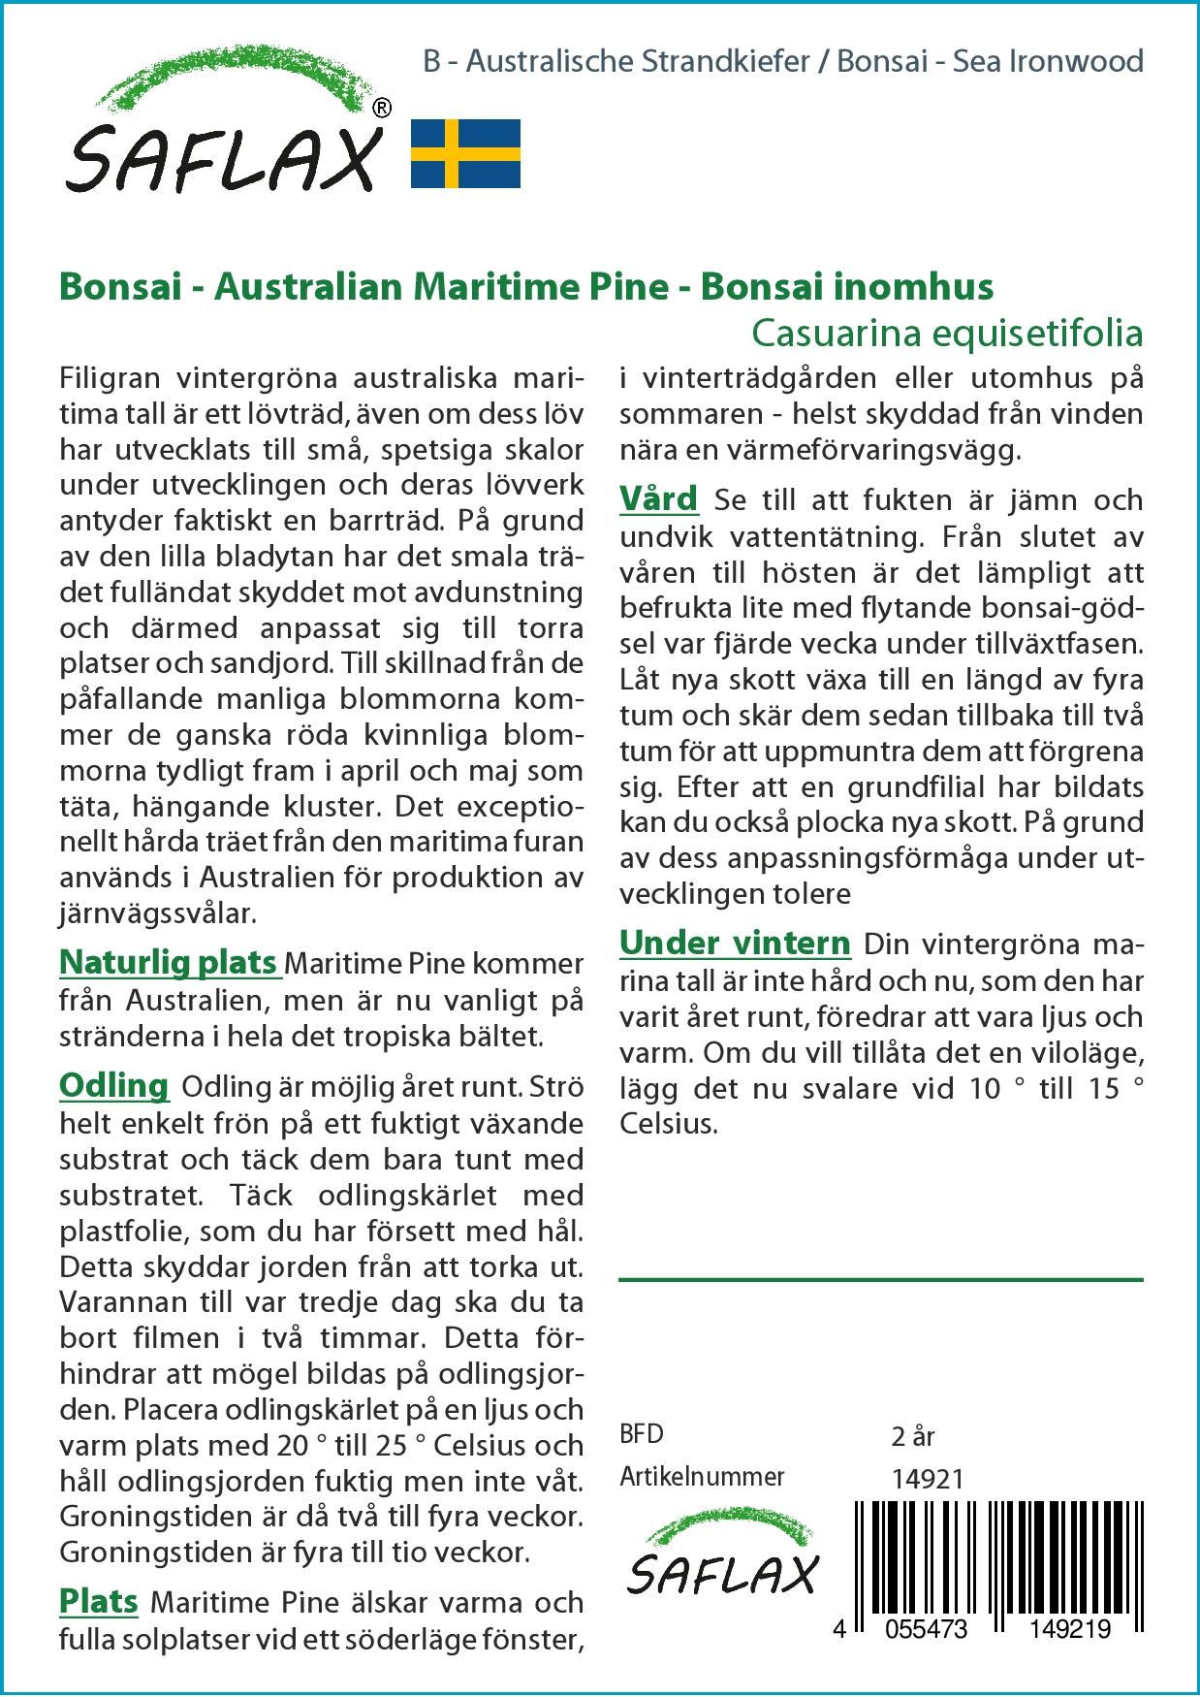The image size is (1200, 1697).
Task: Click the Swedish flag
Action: (465, 154)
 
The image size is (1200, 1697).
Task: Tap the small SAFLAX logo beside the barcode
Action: (722, 1562)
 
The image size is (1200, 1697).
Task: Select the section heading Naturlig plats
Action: (169, 963)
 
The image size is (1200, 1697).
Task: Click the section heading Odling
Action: (113, 1086)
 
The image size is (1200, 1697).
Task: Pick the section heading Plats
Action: (98, 1601)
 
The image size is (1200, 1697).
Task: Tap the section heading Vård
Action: (658, 499)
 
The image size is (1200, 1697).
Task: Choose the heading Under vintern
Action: (735, 943)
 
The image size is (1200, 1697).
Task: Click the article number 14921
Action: (927, 1478)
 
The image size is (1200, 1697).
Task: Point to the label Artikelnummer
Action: (702, 1477)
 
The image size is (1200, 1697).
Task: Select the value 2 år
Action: (912, 1436)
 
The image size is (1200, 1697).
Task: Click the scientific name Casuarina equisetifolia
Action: (947, 334)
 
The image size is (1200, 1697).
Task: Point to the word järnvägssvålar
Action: (158, 913)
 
